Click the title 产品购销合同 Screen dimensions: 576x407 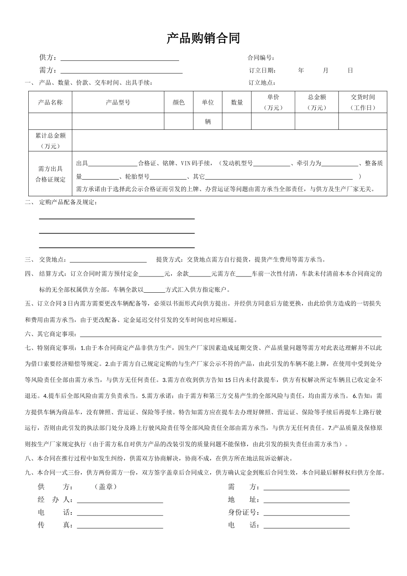coord(203,39)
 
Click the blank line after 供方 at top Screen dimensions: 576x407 coord(120,58)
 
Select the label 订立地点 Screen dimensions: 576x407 coord(262,83)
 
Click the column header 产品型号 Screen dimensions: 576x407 coord(118,102)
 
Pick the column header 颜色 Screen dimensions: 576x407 coord(179,102)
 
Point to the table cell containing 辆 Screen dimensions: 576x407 coord(208,122)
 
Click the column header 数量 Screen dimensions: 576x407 coord(237,102)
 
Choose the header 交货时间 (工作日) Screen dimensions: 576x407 coord(362,102)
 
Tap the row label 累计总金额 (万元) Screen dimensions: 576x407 coord(51,141)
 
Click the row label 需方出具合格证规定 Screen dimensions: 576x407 coord(51,174)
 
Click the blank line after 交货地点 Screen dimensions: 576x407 coord(108,260)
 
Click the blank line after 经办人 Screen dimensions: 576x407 coord(120,500)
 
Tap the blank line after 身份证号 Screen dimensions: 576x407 coord(306,513)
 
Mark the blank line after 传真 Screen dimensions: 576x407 coord(120,526)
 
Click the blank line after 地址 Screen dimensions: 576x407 coord(306,500)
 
